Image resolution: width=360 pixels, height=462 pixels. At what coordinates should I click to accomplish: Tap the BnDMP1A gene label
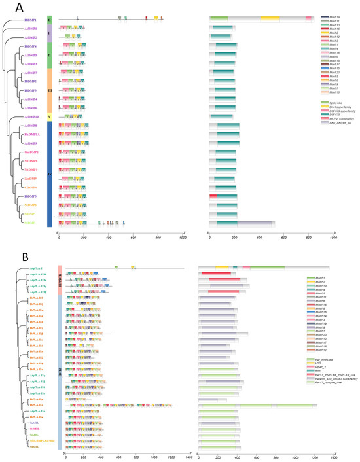click(x=31, y=134)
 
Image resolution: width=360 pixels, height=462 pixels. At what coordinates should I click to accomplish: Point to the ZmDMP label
click(x=31, y=178)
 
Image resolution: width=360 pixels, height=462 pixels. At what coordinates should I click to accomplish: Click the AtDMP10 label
click(x=30, y=116)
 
